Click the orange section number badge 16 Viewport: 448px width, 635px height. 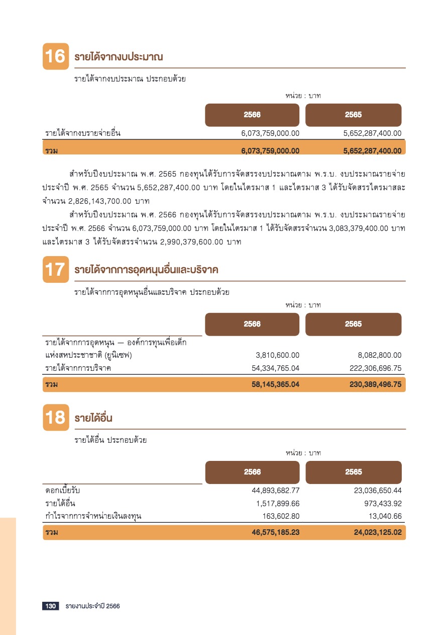55,57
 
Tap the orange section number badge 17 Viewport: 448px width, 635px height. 55,270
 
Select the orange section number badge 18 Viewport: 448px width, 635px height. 55,418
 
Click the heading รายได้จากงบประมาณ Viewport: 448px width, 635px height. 119,57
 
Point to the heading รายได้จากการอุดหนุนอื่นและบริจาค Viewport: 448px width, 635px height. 146,270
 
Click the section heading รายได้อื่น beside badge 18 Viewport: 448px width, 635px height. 93,418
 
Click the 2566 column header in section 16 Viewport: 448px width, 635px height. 252,115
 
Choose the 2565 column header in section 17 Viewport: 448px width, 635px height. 353,324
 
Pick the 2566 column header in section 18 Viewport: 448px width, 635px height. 252,472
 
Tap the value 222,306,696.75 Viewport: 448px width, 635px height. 375,368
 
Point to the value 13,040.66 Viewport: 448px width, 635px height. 384,516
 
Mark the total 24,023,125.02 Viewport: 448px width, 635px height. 372,532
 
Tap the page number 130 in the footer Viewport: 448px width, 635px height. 51,606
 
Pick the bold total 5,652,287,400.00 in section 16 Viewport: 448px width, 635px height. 372,150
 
